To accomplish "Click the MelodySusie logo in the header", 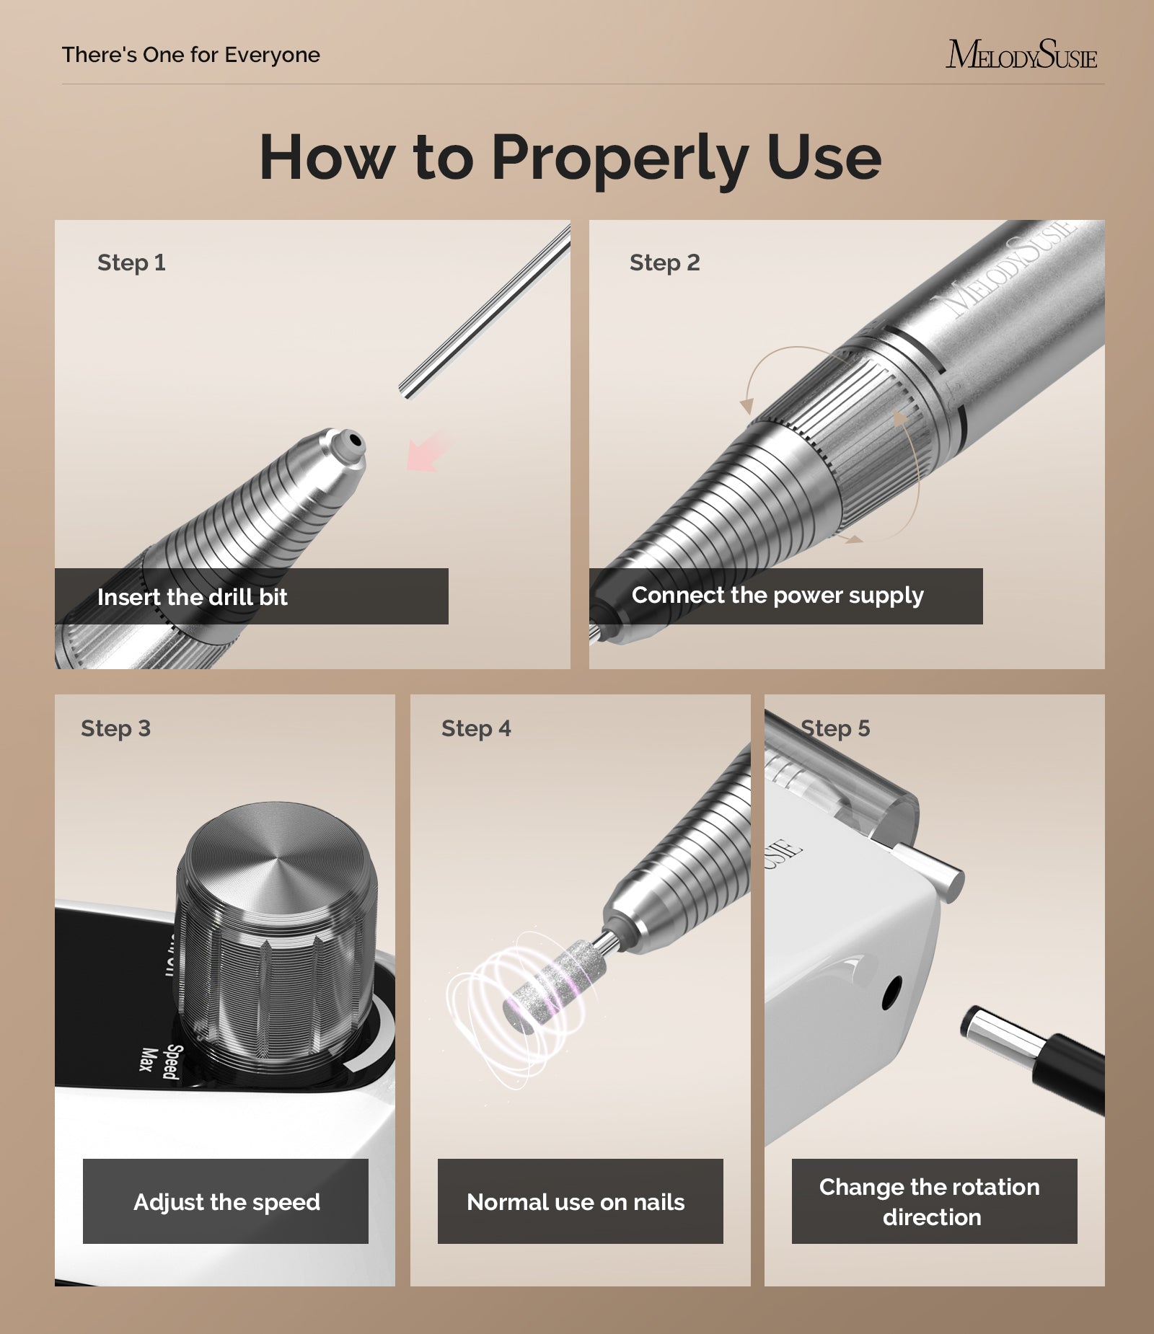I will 1021,56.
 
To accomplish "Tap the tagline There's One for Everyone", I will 191,55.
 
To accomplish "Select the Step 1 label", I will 131,262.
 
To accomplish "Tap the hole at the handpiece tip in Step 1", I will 354,439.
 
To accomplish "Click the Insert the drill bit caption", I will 193,597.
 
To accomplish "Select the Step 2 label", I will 664,262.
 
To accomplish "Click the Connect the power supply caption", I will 778,596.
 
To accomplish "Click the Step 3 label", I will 115,728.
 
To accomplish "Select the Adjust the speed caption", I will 226,1202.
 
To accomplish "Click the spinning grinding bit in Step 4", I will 552,988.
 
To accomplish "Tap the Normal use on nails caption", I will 576,1202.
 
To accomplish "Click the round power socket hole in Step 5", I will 891,993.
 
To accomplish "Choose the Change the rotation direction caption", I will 930,1202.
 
